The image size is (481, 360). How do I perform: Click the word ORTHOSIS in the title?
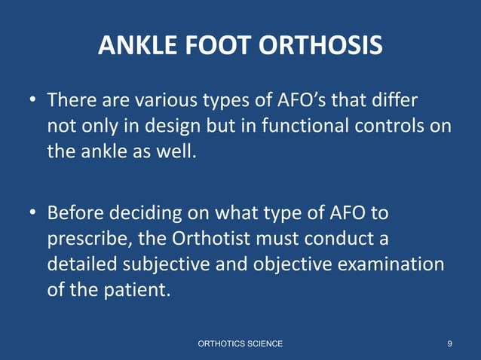pyautogui.click(x=320, y=47)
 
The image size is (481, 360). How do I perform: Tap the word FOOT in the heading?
pyautogui.click(x=219, y=47)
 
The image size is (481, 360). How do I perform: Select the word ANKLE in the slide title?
pyautogui.click(x=138, y=47)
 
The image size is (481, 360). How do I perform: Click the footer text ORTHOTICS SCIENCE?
pyautogui.click(x=240, y=343)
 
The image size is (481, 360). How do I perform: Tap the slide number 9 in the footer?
pyautogui.click(x=449, y=343)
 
